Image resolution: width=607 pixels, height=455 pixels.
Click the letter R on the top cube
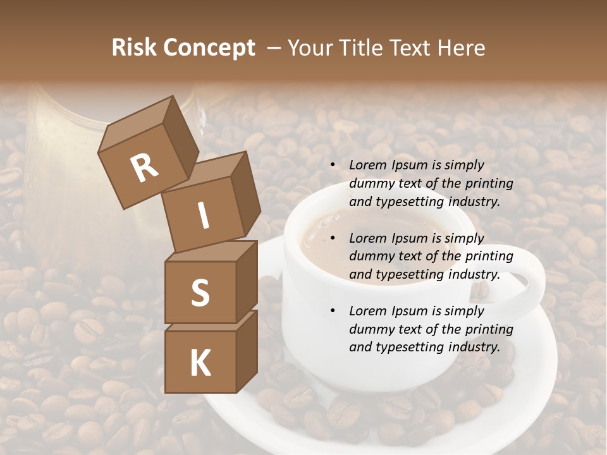(144, 168)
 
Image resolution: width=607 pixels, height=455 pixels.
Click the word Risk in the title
(134, 48)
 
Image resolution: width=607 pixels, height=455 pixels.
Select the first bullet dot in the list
(333, 166)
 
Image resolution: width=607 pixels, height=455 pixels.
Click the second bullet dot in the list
(333, 239)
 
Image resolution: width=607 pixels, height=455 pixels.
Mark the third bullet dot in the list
(333, 312)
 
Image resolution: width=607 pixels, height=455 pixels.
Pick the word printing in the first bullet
(489, 183)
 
